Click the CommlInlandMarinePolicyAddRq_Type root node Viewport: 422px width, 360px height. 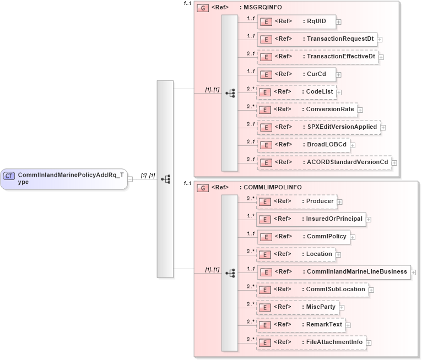pyautogui.click(x=63, y=179)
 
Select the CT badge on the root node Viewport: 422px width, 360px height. pyautogui.click(x=9, y=176)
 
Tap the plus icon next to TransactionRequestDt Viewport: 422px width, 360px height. pyautogui.click(x=380, y=40)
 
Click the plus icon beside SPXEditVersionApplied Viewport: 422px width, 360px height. pyautogui.click(x=383, y=128)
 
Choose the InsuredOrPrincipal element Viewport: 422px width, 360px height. pyautogui.click(x=311, y=219)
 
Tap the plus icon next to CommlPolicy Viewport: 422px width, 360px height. pyautogui.click(x=354, y=237)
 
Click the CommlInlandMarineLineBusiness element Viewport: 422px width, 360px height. pyautogui.click(x=333, y=272)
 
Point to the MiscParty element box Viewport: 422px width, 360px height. pyautogui.click(x=297, y=307)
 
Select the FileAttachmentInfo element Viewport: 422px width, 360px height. pyautogui.click(x=311, y=342)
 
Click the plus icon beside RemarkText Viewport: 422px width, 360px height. pyautogui.click(x=348, y=325)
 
